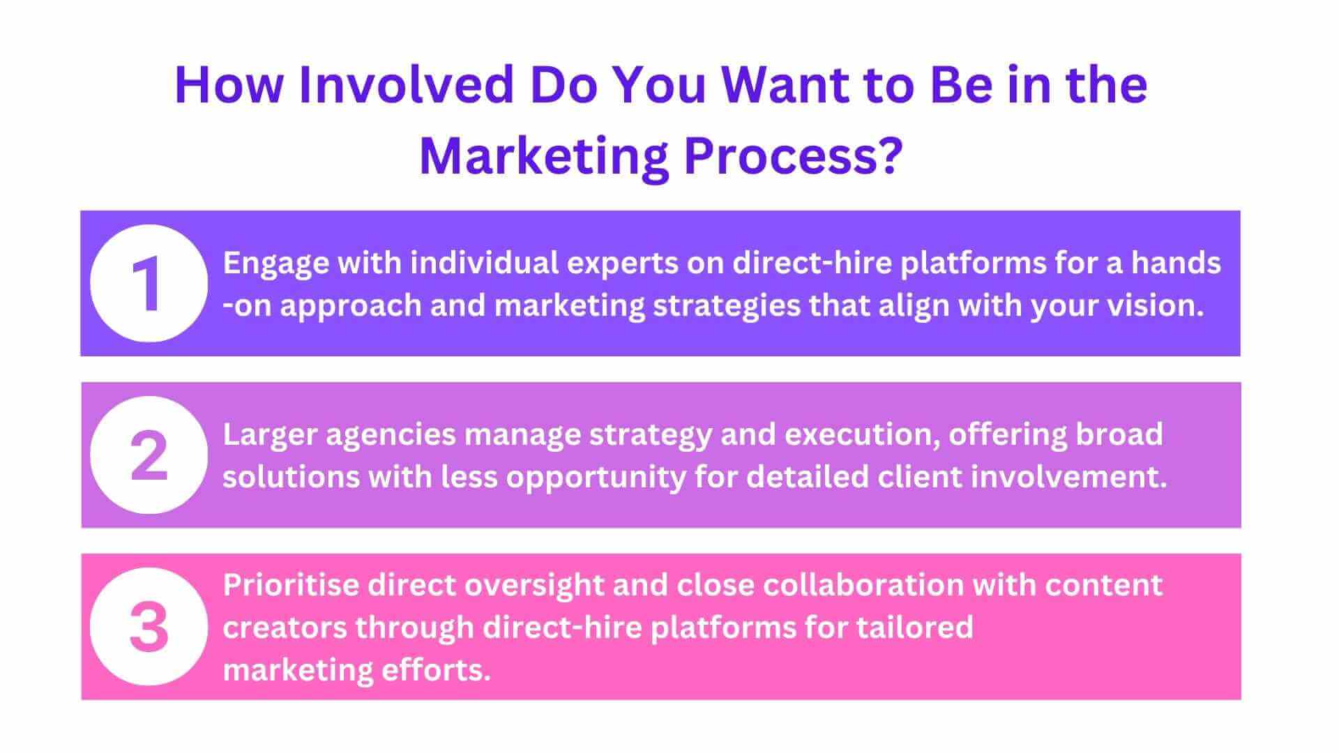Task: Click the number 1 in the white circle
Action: click(149, 283)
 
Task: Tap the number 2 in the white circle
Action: click(149, 455)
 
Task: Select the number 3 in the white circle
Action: click(149, 627)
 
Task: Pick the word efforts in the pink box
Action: click(436, 670)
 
